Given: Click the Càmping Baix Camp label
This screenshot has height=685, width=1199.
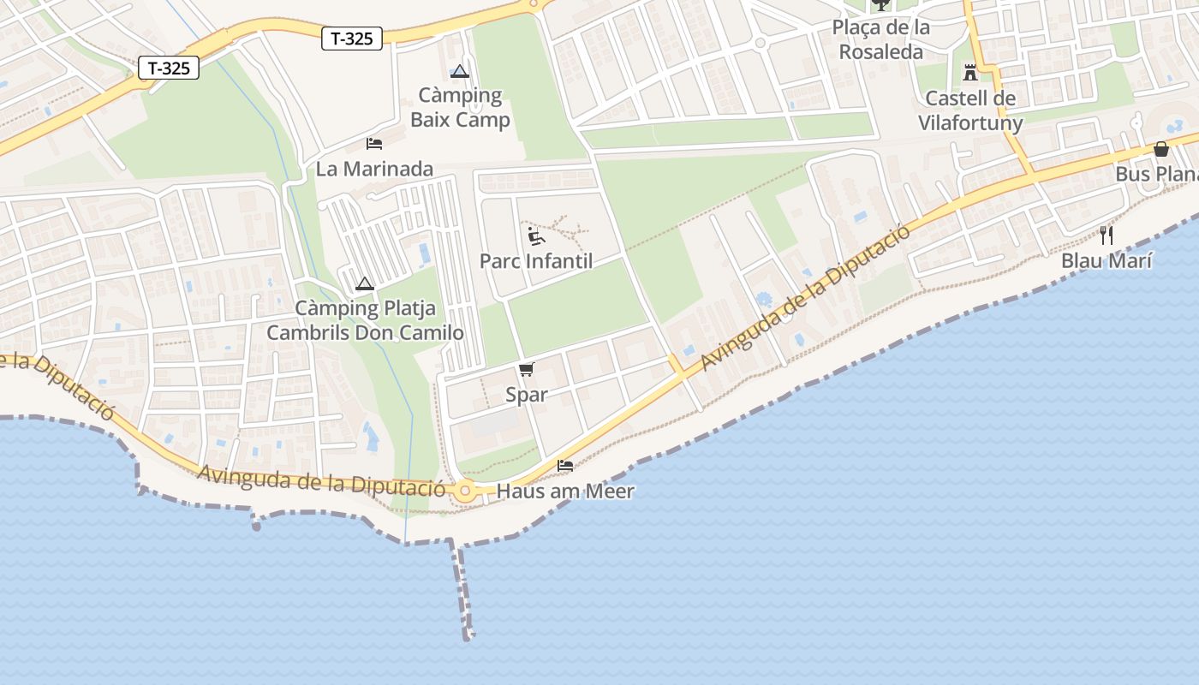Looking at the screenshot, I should [460, 107].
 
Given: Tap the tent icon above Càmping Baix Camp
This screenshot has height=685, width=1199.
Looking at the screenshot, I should [460, 72].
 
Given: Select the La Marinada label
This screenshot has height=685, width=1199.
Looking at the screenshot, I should [374, 169].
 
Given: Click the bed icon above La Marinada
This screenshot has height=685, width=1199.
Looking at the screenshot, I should [374, 143].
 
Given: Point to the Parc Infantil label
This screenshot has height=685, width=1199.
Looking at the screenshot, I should [536, 261].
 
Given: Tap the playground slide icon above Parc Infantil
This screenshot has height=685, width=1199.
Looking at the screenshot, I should [536, 235].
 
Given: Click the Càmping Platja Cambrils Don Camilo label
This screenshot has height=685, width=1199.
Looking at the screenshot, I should [366, 320].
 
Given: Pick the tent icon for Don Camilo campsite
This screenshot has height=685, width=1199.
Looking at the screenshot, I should [365, 283].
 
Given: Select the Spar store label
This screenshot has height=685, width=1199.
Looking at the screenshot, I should [526, 395].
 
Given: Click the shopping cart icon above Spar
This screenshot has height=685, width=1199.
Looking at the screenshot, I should [526, 369].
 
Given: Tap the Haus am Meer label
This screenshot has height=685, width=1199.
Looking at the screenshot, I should [565, 491].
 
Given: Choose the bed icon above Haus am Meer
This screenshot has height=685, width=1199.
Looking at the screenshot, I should [565, 466].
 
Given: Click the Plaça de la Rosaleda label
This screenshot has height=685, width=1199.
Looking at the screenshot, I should [880, 39].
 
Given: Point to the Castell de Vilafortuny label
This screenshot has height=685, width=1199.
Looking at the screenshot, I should [970, 110].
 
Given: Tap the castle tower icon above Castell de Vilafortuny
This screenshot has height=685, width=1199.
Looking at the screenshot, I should [970, 72].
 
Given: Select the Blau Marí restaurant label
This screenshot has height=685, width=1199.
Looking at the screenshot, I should [1107, 260].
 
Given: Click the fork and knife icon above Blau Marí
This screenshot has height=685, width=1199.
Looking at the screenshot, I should [1107, 235].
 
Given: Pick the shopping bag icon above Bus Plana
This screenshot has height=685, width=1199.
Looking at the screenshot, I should [1161, 149].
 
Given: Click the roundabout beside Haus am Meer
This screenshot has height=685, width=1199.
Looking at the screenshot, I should [465, 491].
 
